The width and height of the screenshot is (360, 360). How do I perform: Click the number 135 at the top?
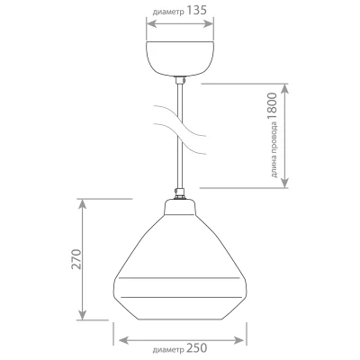click(x=197, y=11)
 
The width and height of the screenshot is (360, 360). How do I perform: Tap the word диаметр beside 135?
click(x=168, y=13)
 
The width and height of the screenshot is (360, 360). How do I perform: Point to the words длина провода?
click(x=274, y=150)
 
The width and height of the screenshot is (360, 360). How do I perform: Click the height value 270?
click(x=76, y=259)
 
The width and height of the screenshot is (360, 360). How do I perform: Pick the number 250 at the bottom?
click(x=197, y=348)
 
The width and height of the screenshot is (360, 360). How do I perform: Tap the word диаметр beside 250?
click(x=168, y=350)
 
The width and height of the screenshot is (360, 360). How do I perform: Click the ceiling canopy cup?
click(x=180, y=58)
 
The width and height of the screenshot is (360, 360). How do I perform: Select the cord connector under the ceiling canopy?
click(x=180, y=80)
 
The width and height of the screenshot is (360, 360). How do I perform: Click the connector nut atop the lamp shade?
click(x=180, y=193)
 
